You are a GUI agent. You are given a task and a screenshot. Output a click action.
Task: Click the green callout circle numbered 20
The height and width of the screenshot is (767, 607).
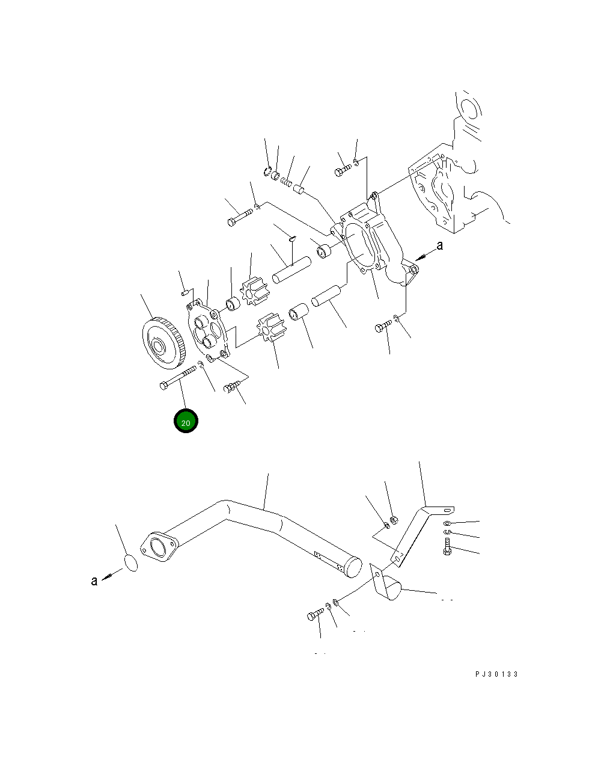click(186, 422)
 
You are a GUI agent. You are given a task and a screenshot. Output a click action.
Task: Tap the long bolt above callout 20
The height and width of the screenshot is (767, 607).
click(177, 378)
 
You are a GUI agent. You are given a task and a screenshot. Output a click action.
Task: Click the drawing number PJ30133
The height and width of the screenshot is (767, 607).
click(496, 674)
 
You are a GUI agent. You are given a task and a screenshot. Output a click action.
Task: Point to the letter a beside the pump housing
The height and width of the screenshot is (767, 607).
click(440, 245)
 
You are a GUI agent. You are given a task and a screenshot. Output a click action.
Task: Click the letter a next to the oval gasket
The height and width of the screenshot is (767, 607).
click(94, 581)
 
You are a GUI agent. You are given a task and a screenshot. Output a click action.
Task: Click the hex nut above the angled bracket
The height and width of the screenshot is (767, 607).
click(394, 520)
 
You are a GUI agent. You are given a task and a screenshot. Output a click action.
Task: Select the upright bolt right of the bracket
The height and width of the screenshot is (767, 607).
click(447, 547)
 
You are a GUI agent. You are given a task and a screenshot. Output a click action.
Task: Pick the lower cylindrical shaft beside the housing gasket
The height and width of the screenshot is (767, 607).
click(326, 295)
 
